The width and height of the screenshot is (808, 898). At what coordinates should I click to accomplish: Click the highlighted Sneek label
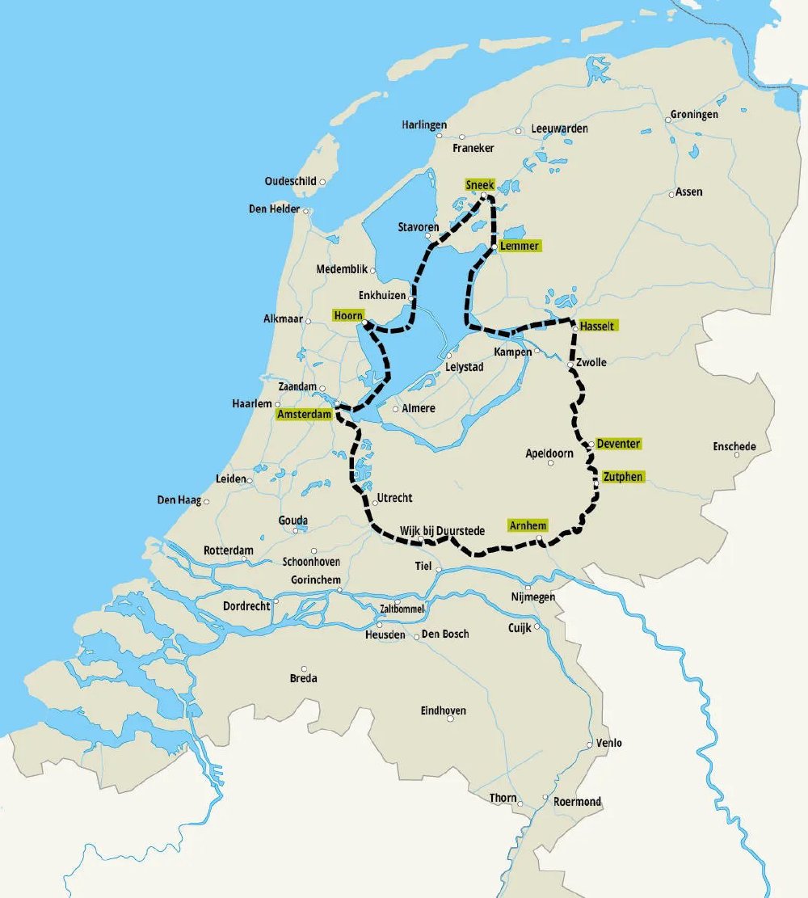pos(479,185)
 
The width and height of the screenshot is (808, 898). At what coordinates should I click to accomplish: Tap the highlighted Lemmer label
pos(519,246)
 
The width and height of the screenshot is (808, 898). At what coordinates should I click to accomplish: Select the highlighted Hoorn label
pos(348,315)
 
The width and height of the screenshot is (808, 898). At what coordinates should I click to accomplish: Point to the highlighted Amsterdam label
pos(304,415)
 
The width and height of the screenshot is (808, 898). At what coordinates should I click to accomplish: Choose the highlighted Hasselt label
pos(597,326)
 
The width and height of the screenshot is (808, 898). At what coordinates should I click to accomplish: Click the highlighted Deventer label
pos(618,444)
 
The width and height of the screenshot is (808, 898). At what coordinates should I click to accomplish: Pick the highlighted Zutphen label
pos(623,477)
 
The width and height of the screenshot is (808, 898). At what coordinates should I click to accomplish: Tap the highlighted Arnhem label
pos(527,525)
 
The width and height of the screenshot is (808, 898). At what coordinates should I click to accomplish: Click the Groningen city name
pos(694,115)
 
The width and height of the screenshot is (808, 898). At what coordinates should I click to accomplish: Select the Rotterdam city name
pos(228,550)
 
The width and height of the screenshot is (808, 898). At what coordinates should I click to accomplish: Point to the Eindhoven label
pos(443,711)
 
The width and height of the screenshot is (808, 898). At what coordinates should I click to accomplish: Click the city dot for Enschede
pos(737,456)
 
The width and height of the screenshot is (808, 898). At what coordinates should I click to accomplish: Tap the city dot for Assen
pos(671,194)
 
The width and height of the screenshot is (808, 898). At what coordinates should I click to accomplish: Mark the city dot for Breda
pos(304,668)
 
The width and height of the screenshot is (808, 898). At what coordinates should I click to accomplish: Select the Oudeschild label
pos(290,182)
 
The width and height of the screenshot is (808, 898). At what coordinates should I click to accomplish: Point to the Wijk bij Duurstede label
pos(442,531)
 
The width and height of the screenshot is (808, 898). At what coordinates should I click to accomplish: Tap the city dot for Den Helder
pos(305,212)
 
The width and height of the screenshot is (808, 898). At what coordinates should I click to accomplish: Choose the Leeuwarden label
pos(559,129)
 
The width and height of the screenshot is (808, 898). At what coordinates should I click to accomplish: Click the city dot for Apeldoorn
pos(550,463)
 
